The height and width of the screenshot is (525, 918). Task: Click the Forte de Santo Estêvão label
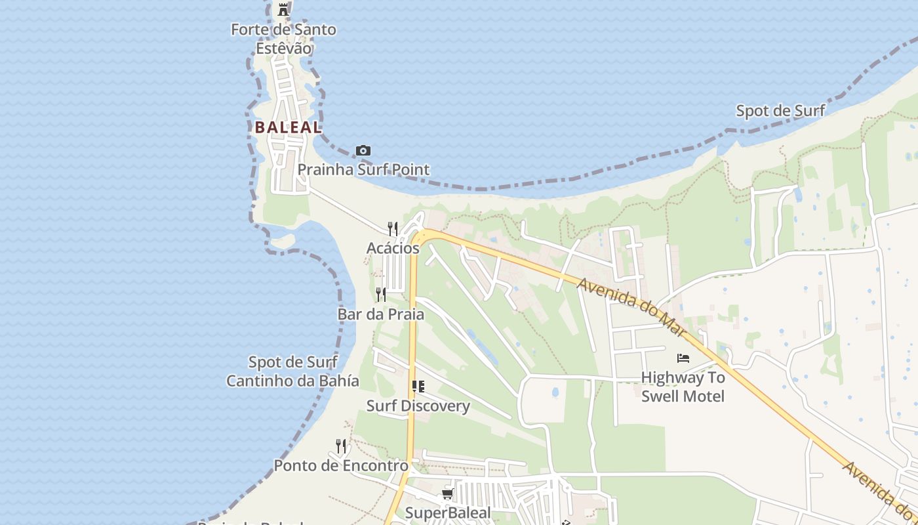click(283, 39)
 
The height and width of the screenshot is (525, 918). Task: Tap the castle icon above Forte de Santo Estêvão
click(283, 9)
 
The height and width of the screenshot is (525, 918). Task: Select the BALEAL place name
click(289, 127)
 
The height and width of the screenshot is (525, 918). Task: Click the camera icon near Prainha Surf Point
click(363, 151)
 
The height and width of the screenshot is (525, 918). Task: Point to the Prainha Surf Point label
click(363, 169)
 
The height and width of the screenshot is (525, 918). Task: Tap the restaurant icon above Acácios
click(393, 228)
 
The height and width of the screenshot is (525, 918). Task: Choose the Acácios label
click(393, 248)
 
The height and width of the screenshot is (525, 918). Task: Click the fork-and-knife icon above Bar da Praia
click(381, 294)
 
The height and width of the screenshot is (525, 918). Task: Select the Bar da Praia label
click(380, 314)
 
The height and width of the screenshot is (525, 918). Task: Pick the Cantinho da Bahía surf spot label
click(292, 371)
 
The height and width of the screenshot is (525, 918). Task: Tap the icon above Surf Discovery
click(418, 387)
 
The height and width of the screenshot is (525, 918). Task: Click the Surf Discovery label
click(418, 406)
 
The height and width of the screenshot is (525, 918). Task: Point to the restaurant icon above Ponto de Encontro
click(341, 446)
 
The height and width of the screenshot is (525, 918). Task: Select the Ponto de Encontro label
click(341, 466)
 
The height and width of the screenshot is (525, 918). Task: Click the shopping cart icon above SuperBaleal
click(448, 493)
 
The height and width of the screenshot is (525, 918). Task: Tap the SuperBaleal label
click(448, 513)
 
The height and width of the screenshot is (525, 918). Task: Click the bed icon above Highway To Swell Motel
click(683, 358)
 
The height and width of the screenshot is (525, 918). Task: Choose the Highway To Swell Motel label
click(683, 387)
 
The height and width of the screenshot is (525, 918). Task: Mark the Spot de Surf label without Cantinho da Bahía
click(780, 111)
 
